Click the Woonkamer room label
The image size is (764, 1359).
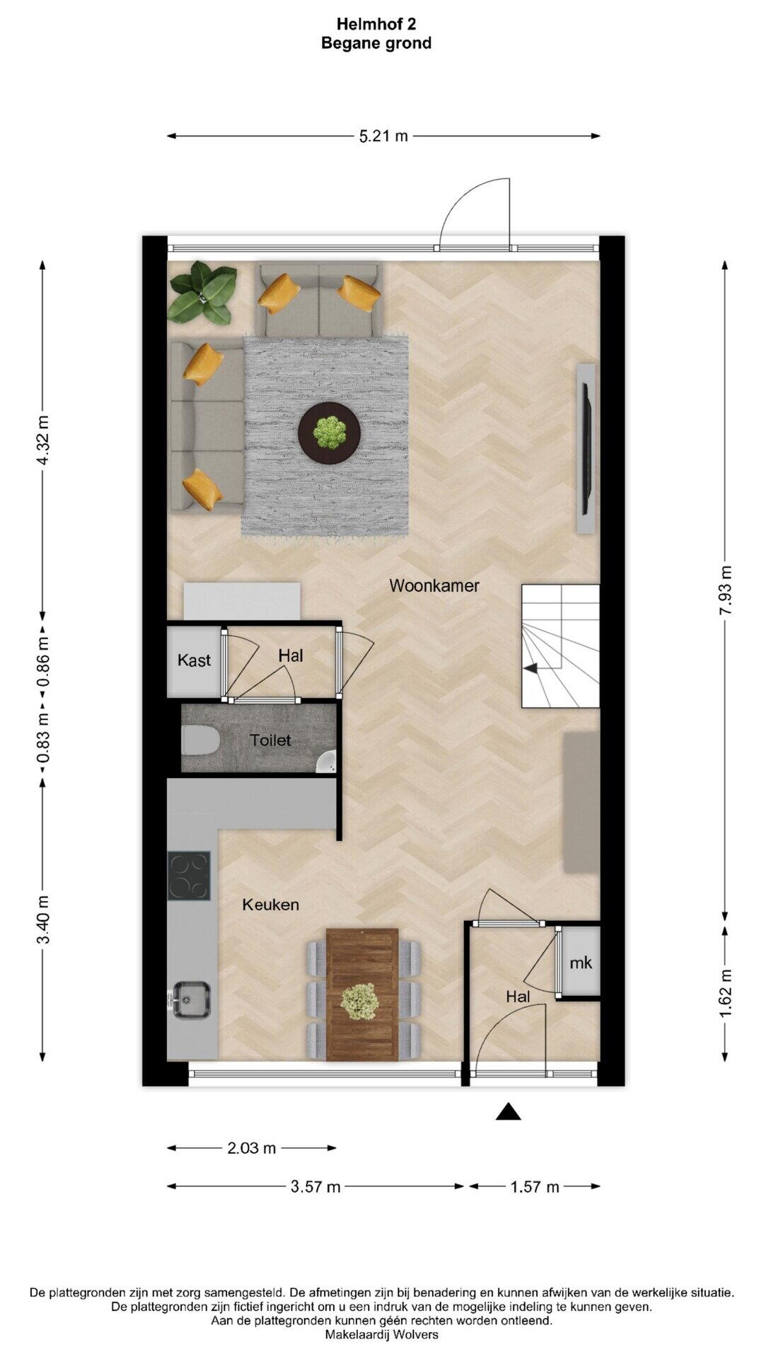pyautogui.click(x=434, y=585)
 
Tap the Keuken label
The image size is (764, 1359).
pyautogui.click(x=270, y=905)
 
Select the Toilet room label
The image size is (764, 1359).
pyautogui.click(x=270, y=740)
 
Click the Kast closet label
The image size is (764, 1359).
pyautogui.click(x=194, y=660)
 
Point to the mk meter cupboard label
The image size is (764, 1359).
pyautogui.click(x=581, y=963)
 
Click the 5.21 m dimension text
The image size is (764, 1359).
pyautogui.click(x=383, y=136)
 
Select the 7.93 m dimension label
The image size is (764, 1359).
pyautogui.click(x=725, y=591)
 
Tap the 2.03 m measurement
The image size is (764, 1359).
pyautogui.click(x=252, y=1148)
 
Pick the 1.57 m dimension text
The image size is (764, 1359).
pyautogui.click(x=535, y=1187)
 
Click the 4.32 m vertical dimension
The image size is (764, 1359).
pyautogui.click(x=42, y=440)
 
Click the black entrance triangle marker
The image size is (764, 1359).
pyautogui.click(x=508, y=1112)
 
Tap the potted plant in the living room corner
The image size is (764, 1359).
pyautogui.click(x=202, y=293)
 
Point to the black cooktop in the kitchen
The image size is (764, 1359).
pyautogui.click(x=189, y=876)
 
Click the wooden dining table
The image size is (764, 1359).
pyautogui.click(x=362, y=994)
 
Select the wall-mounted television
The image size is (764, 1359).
pyautogui.click(x=586, y=449)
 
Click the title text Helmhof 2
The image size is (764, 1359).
pyautogui.click(x=376, y=24)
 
